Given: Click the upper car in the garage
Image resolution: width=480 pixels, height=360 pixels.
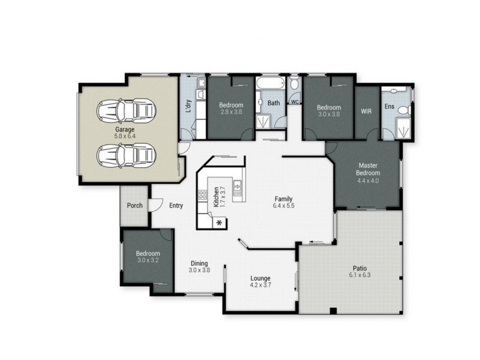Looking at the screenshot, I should click(x=127, y=110).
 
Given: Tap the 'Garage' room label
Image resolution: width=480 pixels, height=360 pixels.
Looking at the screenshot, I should click(x=125, y=129).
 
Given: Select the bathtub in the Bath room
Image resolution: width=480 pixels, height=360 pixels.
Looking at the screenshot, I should click(x=268, y=83).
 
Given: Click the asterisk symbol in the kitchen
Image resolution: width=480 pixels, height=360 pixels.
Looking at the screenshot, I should click(x=218, y=223).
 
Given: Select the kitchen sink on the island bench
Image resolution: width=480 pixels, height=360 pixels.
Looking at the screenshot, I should click(x=238, y=189).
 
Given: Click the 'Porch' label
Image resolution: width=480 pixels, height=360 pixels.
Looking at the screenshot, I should click(x=134, y=205).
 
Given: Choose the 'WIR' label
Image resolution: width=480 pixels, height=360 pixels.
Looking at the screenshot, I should click(x=367, y=111).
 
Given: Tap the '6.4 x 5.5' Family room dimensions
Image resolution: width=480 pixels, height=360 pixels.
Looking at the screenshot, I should click(x=284, y=206).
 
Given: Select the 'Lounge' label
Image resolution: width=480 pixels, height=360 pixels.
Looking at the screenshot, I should click(x=260, y=278).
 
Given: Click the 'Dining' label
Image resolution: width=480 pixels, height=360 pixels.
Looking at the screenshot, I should click(x=199, y=263).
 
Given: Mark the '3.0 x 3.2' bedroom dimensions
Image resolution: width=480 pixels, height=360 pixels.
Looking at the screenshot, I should click(x=147, y=261).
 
